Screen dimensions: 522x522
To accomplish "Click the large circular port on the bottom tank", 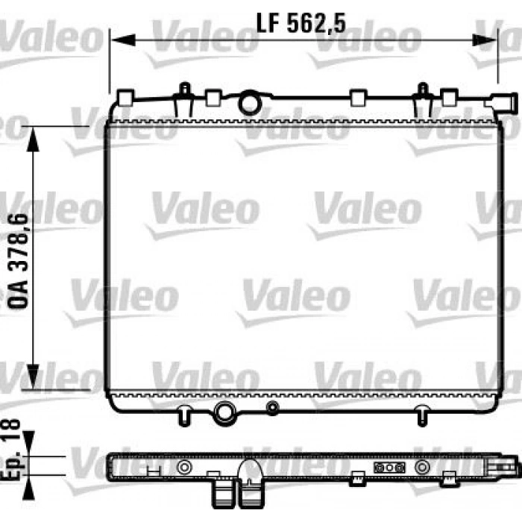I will coord(223,410).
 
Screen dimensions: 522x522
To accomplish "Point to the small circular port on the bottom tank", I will coord(273,407).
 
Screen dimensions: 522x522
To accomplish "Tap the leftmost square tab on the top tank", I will coord(125,97).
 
